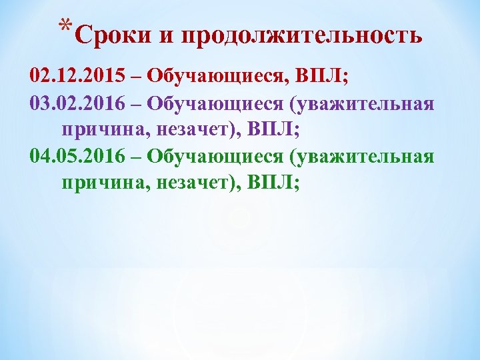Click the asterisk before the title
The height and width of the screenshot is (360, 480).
click(x=64, y=27)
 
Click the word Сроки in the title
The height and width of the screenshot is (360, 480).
click(x=113, y=35)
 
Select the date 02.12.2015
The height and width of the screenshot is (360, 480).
click(x=77, y=75)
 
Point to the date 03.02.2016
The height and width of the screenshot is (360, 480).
click(x=77, y=104)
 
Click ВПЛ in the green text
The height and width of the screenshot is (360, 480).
click(x=271, y=182)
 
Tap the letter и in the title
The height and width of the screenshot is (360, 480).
click(x=167, y=36)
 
